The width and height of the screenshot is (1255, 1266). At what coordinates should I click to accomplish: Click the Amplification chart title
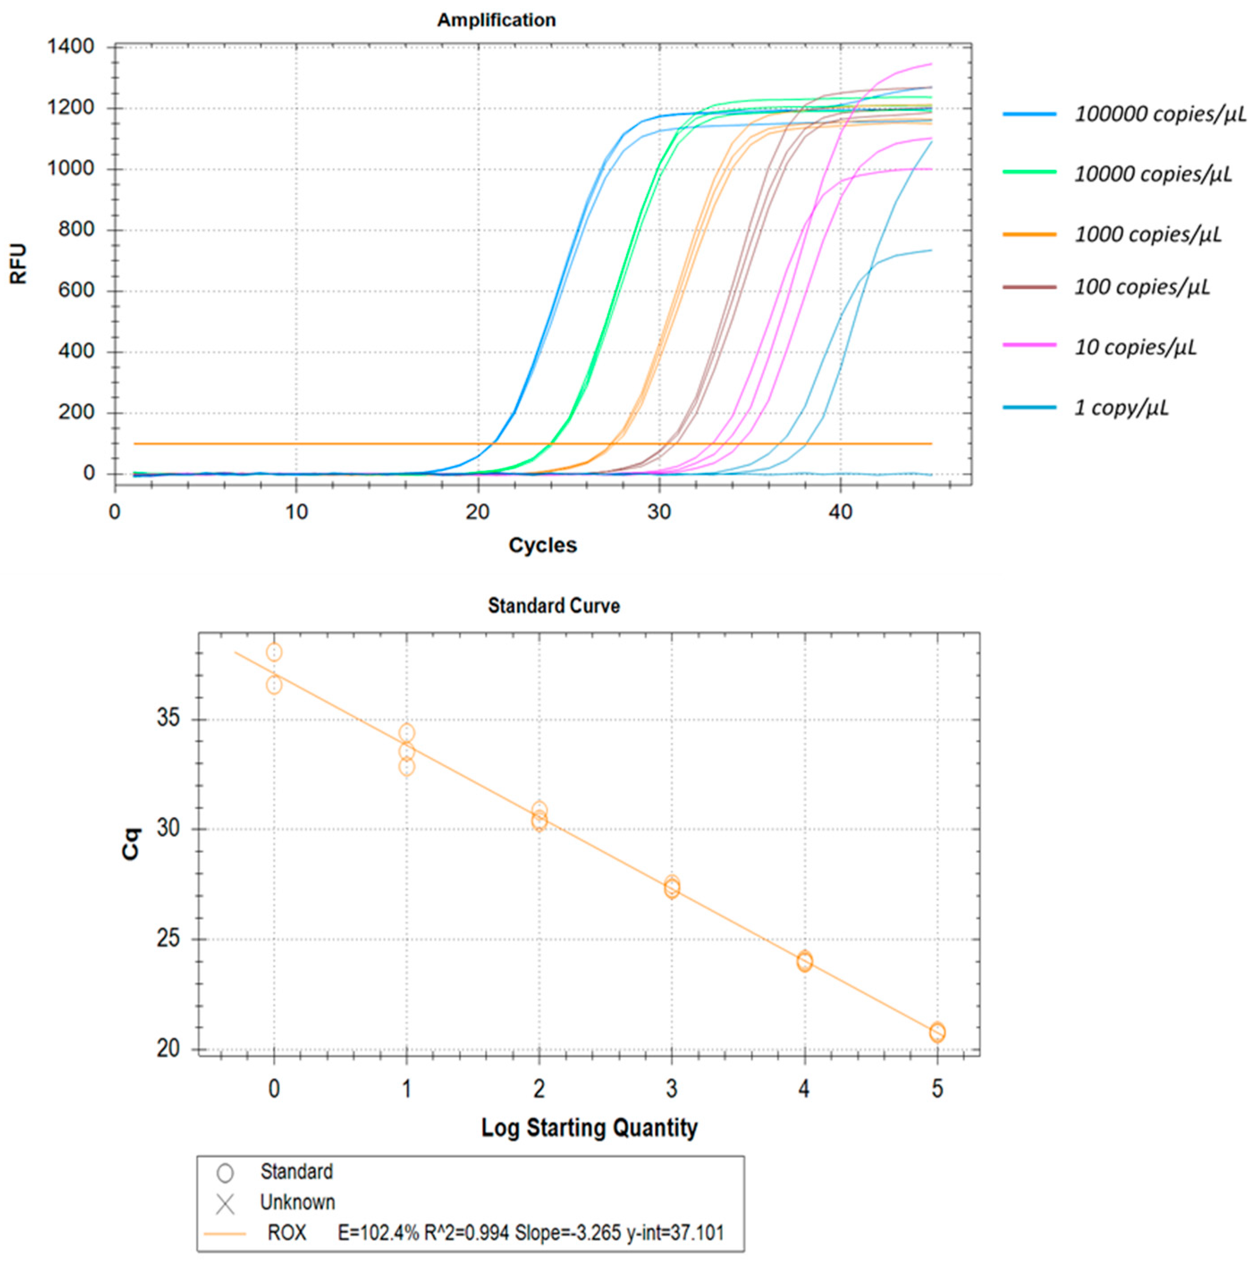[x=496, y=20]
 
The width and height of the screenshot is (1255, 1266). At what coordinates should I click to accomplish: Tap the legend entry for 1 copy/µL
[x=1120, y=408]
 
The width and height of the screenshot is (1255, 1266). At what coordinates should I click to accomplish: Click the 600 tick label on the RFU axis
[x=76, y=290]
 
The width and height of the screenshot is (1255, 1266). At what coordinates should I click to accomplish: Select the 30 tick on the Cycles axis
[x=659, y=512]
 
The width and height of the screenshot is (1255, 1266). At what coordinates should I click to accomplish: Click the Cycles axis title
[x=543, y=545]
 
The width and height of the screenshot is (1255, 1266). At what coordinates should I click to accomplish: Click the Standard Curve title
[x=554, y=606]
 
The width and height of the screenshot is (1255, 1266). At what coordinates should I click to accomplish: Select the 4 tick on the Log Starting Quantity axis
[x=804, y=1089]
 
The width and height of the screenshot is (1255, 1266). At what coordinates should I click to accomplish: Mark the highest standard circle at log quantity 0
[x=274, y=652]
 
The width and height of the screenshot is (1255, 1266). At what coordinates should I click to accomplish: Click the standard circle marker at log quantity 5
[x=937, y=1033]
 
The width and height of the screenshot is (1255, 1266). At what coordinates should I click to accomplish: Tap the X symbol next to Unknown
[x=225, y=1204]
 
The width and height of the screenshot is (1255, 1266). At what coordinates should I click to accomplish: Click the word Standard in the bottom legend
[x=296, y=1172]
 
